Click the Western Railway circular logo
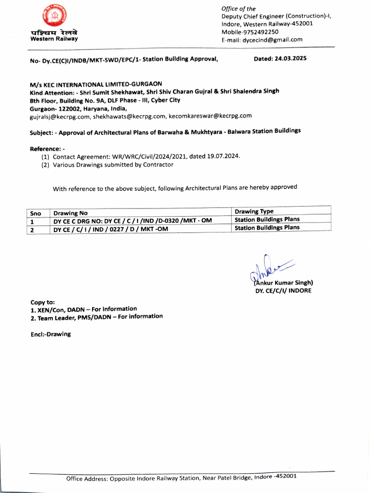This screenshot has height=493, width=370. point(53,16)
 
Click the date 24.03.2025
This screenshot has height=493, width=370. point(288,58)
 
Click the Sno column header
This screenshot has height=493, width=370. point(36,213)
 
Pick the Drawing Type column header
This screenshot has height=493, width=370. point(254,211)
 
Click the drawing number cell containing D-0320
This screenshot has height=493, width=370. point(132,221)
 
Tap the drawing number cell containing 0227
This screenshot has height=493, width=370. point(111,229)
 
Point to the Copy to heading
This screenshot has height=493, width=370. point(42,302)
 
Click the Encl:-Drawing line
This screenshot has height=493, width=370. point(50,334)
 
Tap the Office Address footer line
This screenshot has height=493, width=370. point(181,478)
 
